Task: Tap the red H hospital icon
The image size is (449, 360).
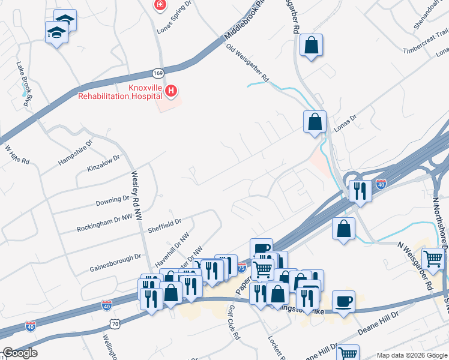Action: click(172, 91)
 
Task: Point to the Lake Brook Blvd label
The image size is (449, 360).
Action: click(24, 83)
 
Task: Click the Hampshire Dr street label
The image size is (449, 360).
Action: click(76, 152)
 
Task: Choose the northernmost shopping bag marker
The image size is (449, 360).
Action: click(312, 45)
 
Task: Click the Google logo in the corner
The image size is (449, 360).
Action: click(20, 352)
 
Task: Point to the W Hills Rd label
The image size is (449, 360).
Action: click(17, 155)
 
